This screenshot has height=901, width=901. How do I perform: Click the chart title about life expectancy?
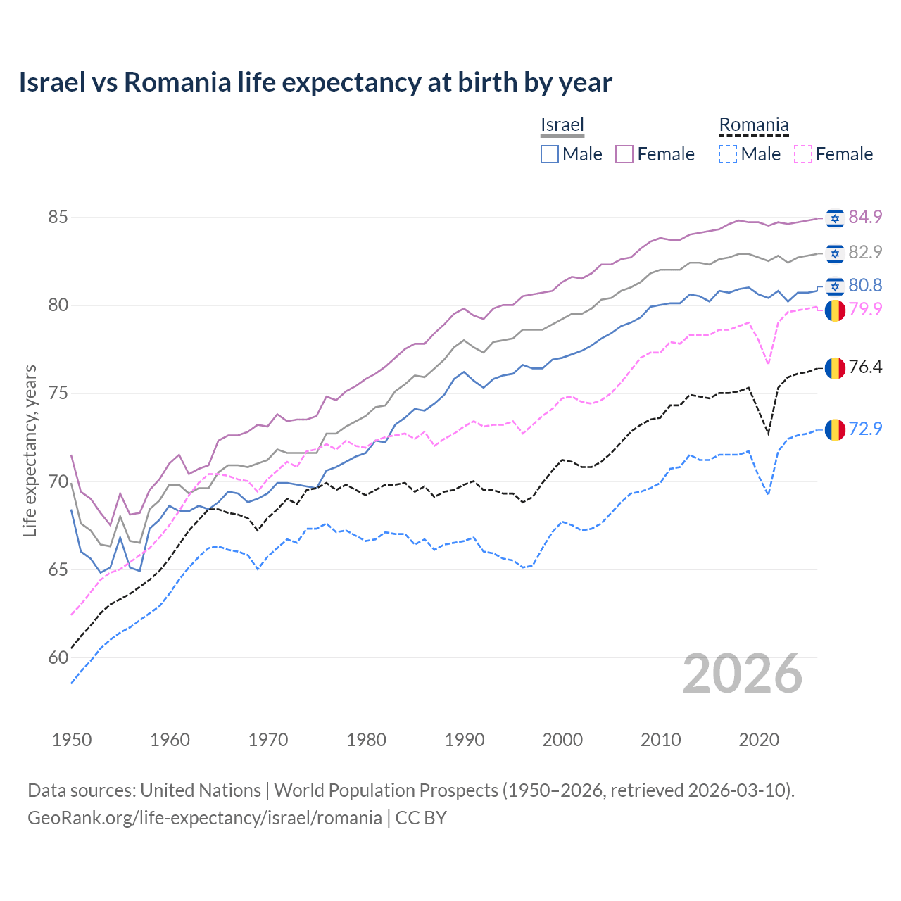coord(315,82)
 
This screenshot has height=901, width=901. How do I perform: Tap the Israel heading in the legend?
coord(562,125)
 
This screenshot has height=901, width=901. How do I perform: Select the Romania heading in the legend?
coord(753,125)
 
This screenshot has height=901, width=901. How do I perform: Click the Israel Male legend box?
coord(550,154)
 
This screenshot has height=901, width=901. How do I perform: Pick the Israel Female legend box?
coord(624,154)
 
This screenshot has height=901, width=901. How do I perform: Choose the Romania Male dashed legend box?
coord(728,154)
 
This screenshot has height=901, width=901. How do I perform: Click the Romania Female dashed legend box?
coord(802,154)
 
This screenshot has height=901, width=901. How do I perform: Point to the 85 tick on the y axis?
coord(58,217)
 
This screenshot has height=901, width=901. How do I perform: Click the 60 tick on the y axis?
coord(58,657)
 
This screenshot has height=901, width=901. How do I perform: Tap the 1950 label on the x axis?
coord(72,740)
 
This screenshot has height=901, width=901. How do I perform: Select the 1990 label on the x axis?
coord(465,740)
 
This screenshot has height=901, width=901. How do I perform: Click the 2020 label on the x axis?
coord(759,740)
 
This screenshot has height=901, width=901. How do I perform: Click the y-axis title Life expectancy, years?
coord(30,450)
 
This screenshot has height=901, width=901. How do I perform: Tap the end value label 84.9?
coord(865,217)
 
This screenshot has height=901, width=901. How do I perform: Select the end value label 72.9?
coord(865,429)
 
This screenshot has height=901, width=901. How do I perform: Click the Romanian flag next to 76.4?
coord(835,367)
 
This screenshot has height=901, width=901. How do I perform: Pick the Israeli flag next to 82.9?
coord(835,253)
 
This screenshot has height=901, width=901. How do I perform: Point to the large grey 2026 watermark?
coord(742,674)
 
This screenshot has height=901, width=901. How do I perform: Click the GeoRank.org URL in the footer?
coord(204,818)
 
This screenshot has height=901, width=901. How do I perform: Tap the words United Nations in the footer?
coord(201,790)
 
